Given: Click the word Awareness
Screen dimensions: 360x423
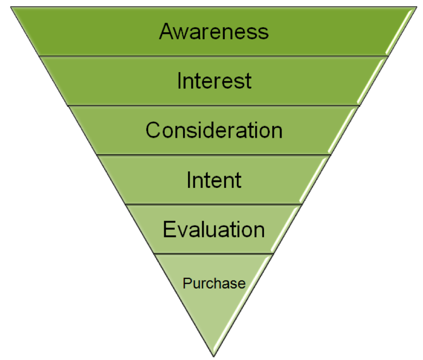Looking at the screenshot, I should (214, 31).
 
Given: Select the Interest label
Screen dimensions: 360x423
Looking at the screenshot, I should (214, 81).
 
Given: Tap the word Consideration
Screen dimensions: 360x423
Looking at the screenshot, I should (214, 130).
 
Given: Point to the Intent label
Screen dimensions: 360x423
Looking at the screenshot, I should (214, 180).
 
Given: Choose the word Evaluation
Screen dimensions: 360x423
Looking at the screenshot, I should (214, 229).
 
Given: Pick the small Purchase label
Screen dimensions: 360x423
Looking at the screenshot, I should (214, 283).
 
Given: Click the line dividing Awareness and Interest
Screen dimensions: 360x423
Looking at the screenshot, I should (214, 56).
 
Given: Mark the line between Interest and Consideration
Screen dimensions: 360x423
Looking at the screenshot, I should (214, 105).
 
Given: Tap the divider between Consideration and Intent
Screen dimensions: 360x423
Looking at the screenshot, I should (214, 155).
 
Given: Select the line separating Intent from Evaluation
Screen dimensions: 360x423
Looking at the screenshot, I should (214, 204).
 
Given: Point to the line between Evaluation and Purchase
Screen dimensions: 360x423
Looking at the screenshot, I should (214, 254).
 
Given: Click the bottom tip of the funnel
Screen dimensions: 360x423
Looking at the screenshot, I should (214, 356).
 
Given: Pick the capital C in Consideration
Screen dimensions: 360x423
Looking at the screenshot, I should (153, 131).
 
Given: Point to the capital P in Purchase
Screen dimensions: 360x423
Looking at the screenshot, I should (187, 283).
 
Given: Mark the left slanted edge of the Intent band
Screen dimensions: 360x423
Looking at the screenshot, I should (112, 180).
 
